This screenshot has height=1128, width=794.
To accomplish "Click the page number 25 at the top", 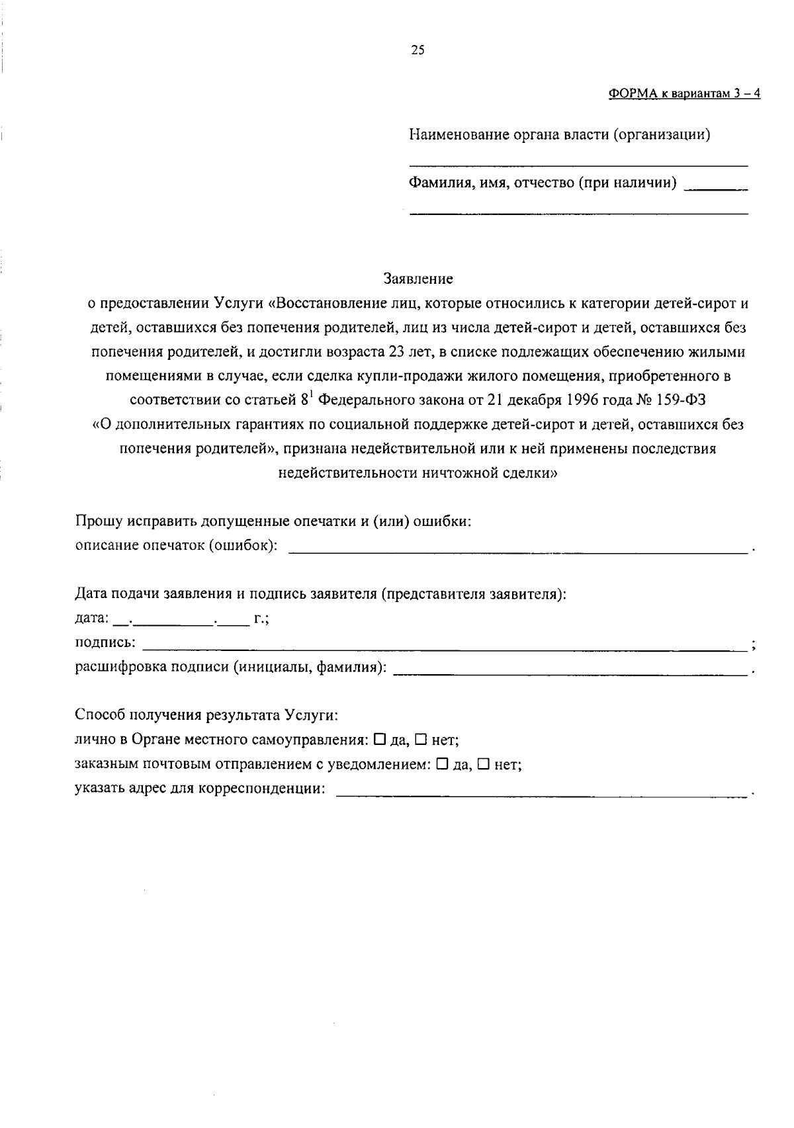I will (418, 50).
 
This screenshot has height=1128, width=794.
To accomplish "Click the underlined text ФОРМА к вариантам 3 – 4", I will (684, 93).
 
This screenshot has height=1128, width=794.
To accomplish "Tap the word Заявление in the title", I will (418, 279).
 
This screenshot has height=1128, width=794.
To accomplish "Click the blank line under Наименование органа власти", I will (578, 164).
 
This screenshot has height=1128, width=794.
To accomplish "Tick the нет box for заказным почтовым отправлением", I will (483, 764).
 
